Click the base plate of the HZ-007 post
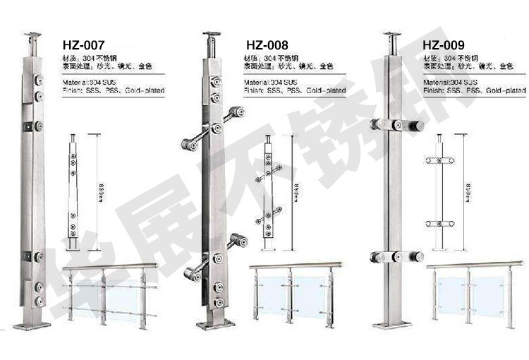(32, 325)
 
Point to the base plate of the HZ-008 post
(213, 325)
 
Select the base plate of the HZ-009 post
(391, 324)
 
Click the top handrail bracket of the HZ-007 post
(33, 35)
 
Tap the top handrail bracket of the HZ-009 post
(392, 35)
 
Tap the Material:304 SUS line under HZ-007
(88, 83)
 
